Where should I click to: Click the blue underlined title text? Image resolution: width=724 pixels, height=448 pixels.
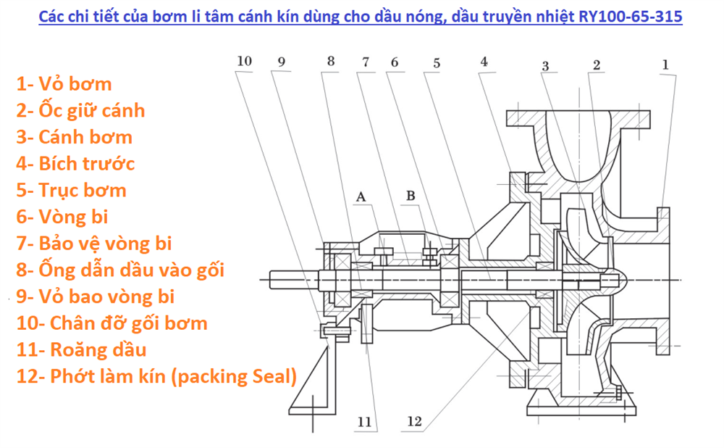[360, 17]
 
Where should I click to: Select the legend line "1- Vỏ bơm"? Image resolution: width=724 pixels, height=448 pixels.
[64, 84]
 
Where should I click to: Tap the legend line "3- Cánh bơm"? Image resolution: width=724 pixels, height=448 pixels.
[75, 137]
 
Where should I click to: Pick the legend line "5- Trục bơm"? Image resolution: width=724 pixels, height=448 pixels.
[72, 191]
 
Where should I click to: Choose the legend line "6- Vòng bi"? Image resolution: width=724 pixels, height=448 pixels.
[62, 217]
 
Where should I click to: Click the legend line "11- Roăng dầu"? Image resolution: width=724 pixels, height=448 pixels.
[81, 349]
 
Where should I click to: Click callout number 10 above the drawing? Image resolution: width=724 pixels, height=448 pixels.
[244, 61]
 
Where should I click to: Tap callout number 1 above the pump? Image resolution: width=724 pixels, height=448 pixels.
[665, 65]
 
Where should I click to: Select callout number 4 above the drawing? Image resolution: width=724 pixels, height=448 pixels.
[484, 62]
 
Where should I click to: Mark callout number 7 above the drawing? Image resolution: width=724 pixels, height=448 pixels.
[366, 62]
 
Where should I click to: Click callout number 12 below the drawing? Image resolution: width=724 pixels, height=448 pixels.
[414, 421]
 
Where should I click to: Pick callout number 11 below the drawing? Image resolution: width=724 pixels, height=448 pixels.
[364, 422]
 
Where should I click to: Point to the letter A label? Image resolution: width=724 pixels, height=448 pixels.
[361, 197]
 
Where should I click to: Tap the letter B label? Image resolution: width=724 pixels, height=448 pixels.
[411, 196]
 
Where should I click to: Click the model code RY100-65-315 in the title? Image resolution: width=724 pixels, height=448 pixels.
[631, 17]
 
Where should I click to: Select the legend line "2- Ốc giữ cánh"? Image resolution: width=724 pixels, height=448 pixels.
[81, 110]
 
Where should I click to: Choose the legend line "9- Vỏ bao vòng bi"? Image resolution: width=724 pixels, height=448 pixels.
[96, 296]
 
